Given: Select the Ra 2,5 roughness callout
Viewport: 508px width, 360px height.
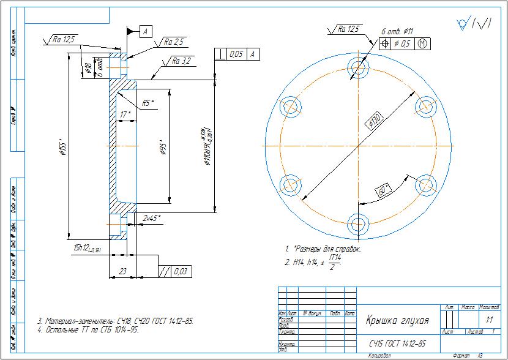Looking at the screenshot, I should tap(174, 42).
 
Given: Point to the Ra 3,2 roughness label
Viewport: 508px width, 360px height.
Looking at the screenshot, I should tap(182, 61).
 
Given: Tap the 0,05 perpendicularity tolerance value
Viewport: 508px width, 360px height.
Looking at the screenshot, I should tap(236, 54).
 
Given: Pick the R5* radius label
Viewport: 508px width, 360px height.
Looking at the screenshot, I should tap(148, 103).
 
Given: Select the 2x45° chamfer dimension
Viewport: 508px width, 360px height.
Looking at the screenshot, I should tap(151, 218).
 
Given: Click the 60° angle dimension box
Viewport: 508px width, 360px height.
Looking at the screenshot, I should tap(384, 190).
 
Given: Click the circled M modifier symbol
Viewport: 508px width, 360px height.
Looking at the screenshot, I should tap(423, 43).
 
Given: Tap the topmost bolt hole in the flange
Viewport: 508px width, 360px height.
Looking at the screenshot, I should tap(357, 66).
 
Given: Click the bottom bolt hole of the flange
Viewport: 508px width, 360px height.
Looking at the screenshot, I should tap(357, 224).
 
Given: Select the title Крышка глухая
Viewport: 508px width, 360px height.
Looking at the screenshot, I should tap(397, 320).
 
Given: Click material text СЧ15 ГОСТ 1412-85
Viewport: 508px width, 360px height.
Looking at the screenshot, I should tap(397, 343).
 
